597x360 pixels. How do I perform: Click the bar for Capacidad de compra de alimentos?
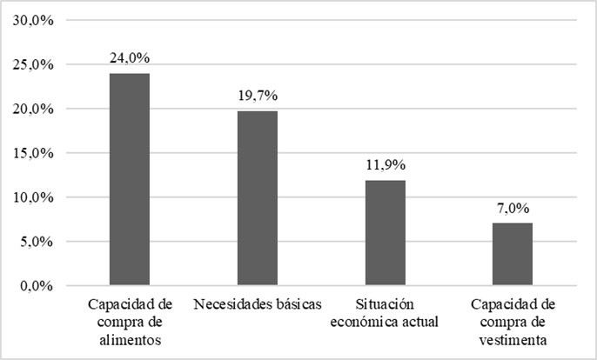tap(129, 179)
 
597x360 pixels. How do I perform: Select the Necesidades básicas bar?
tap(257, 198)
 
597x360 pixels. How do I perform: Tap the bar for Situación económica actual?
tap(385, 232)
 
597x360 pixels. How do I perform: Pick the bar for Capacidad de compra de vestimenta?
tap(513, 254)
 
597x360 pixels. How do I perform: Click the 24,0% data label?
tap(130, 58)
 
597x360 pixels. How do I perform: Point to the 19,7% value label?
tap(258, 96)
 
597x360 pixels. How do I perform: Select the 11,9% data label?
tap(386, 165)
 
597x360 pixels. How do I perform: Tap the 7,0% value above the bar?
tap(513, 209)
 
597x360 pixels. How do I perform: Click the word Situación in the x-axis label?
tap(385, 305)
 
